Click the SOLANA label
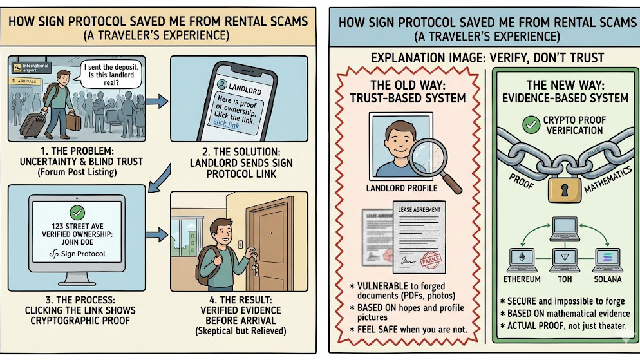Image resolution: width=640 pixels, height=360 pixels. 607,280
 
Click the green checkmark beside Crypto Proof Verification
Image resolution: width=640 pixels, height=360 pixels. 532,125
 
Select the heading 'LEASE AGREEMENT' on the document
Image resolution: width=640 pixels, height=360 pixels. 419,210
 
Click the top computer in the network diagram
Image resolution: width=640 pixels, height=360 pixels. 565,225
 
